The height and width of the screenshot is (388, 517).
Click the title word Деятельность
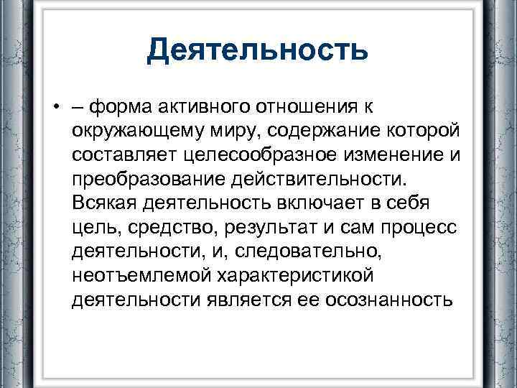pyautogui.click(x=258, y=50)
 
